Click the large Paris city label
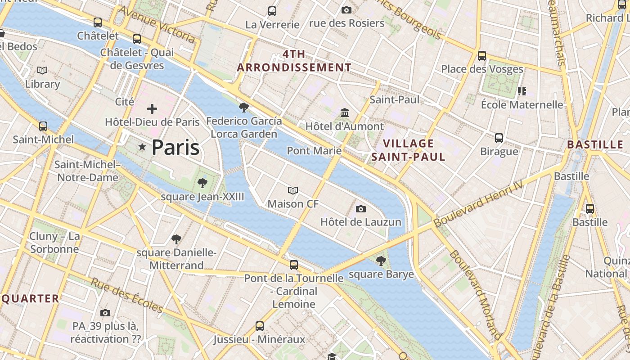(x=175, y=148)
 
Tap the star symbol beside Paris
(x=143, y=147)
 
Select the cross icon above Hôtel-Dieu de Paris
(x=152, y=108)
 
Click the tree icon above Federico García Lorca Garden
(x=244, y=107)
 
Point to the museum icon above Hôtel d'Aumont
(x=345, y=112)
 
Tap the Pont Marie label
(x=314, y=150)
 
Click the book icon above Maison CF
(x=293, y=191)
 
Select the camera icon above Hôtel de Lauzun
(x=360, y=209)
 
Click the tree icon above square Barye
(x=381, y=261)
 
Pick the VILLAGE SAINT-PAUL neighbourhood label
(x=408, y=150)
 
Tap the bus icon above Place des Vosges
(x=482, y=56)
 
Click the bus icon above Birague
(x=499, y=138)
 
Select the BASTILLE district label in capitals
(x=595, y=145)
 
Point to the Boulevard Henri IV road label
(x=478, y=204)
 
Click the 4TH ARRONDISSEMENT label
(x=294, y=61)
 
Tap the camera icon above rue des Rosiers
(x=346, y=10)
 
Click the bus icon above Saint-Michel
(x=43, y=126)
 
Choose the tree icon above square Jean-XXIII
(x=202, y=183)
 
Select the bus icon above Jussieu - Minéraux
(x=259, y=326)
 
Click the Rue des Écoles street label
(x=127, y=296)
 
